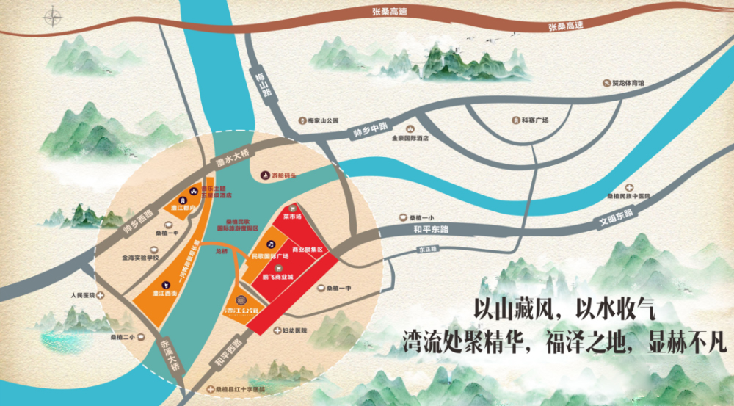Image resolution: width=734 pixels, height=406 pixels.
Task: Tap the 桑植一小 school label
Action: click(x=422, y=217)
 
